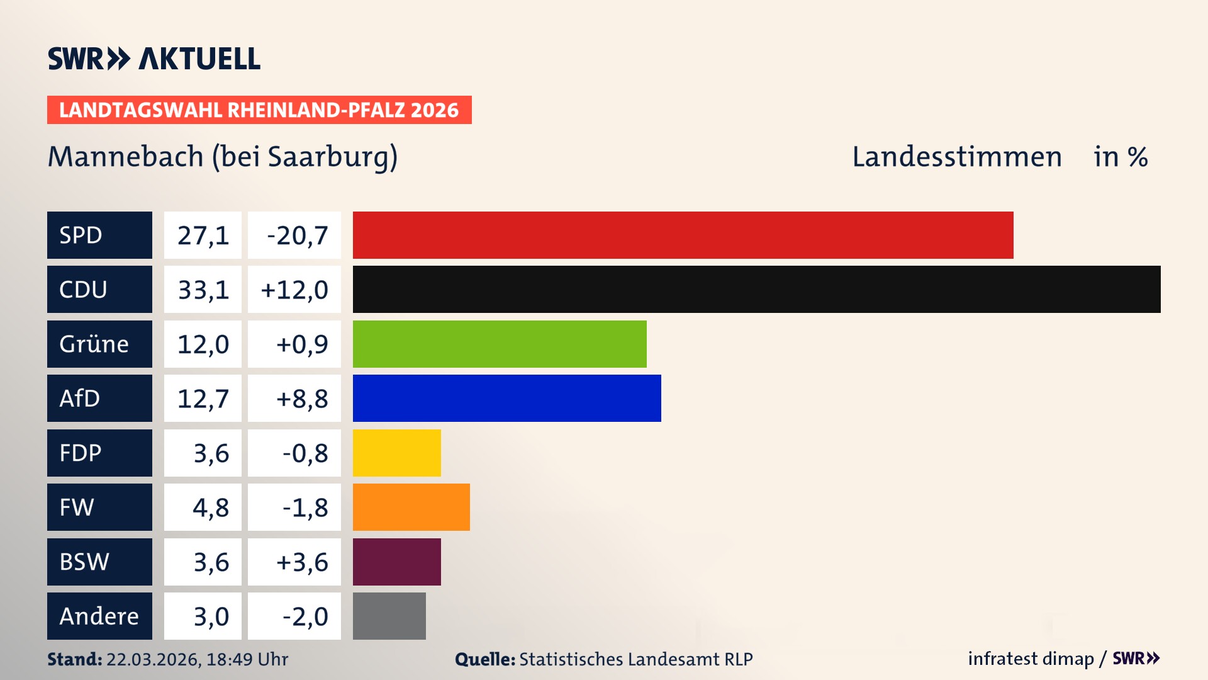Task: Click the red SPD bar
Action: [x=683, y=235]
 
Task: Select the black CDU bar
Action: [x=756, y=290]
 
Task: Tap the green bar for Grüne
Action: [x=500, y=344]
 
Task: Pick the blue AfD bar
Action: [x=506, y=398]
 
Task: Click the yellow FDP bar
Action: [x=396, y=453]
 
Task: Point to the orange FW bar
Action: [x=411, y=507]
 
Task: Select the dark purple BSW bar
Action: [x=396, y=562]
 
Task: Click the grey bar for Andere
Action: [x=389, y=616]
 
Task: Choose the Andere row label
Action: [x=99, y=616]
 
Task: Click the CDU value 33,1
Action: [x=203, y=290]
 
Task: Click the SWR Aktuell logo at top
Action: [x=154, y=59]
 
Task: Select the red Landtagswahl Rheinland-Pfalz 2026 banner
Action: [x=259, y=110]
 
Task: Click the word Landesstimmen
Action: [x=956, y=157]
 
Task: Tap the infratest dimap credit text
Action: [x=1031, y=659]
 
